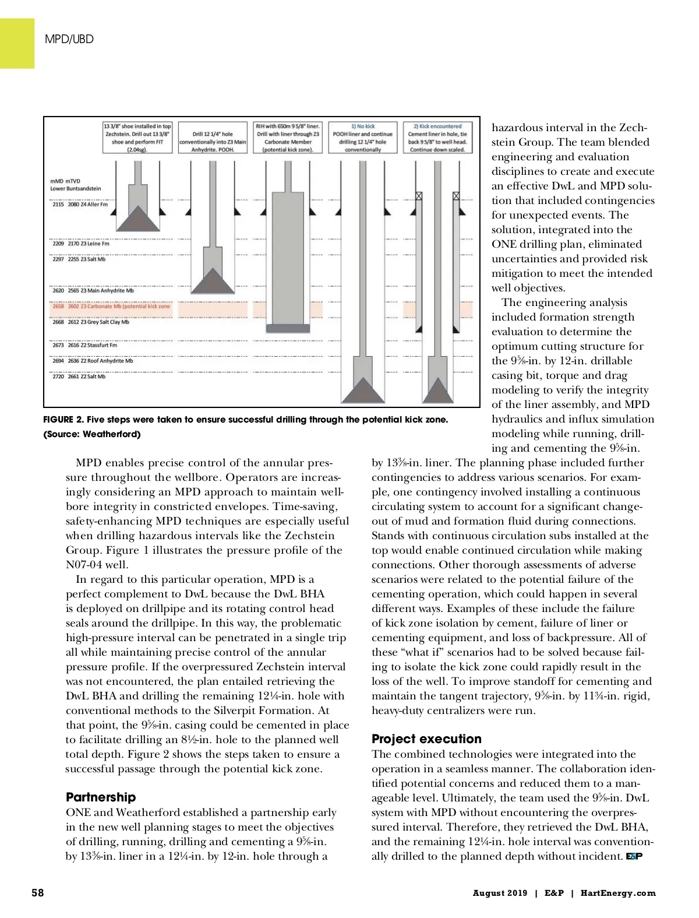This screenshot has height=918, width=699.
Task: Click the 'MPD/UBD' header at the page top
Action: coord(69,39)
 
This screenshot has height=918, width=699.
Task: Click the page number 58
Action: coord(37,892)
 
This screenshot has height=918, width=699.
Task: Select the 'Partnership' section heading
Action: coord(101,797)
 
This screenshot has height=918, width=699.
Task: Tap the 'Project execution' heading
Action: coord(426,738)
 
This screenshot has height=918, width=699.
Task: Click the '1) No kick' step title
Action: coord(363,126)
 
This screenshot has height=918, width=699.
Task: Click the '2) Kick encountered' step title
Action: coord(437,126)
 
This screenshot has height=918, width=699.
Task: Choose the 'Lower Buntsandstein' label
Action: coord(76,189)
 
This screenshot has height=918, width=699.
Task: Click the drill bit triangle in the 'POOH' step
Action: coord(213,281)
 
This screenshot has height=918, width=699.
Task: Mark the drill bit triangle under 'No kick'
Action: coord(363,390)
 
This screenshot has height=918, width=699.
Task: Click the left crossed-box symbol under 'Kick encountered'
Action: coord(418,196)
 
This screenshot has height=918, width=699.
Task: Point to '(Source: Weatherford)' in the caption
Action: coord(92,434)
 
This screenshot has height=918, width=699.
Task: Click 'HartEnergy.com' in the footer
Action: coord(618,893)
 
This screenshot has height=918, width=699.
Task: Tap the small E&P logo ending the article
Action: coord(634,856)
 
